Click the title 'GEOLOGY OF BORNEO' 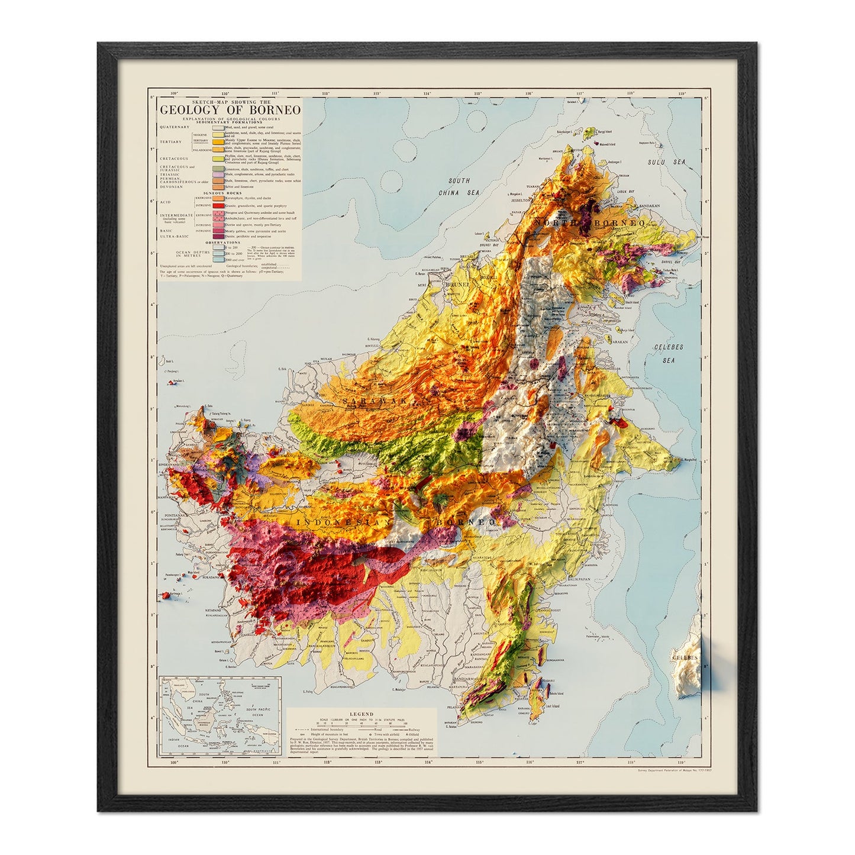click(x=230, y=109)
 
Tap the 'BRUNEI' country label click(x=456, y=285)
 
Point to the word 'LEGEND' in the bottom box click(x=361, y=714)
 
